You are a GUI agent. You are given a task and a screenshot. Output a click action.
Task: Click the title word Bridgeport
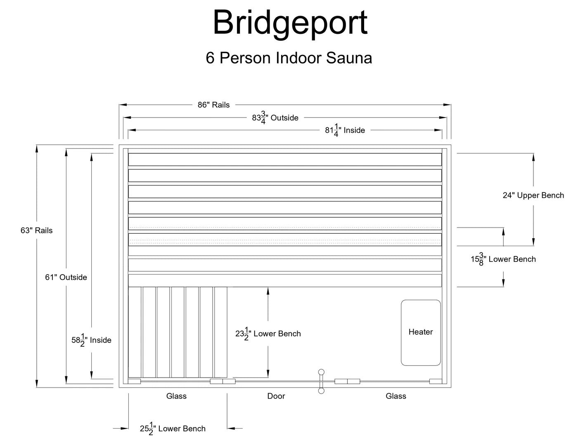tap(290, 23)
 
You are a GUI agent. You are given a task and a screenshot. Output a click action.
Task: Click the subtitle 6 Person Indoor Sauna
tap(289, 58)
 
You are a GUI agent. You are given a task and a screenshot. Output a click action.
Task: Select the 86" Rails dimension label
tap(213, 105)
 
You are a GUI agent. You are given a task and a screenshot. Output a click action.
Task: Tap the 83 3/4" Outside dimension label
tap(275, 118)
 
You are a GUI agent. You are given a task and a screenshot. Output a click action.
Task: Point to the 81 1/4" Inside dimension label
tap(345, 130)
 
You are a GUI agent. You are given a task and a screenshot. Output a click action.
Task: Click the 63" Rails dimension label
tap(37, 230)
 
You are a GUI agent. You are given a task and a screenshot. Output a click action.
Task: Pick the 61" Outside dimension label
tap(66, 277)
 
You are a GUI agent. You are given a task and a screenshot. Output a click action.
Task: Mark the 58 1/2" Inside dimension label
tap(91, 340)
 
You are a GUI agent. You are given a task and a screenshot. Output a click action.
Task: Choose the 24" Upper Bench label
tap(533, 195)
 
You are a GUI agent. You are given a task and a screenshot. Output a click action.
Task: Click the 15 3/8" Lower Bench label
tap(503, 259)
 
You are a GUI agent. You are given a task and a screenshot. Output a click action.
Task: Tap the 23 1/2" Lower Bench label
tap(268, 334)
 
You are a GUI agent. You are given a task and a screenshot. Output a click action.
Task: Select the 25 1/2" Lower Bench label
tap(173, 429)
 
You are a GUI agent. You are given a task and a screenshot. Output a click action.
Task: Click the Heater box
tap(421, 332)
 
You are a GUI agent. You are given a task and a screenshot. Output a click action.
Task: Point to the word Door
tap(276, 396)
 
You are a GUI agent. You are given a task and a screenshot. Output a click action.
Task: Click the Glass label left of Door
tap(176, 396)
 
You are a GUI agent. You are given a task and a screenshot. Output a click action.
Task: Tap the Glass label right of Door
tap(396, 396)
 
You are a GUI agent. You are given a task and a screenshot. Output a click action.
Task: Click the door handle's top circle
tap(321, 372)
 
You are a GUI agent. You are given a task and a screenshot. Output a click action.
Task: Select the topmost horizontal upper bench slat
tap(285, 160)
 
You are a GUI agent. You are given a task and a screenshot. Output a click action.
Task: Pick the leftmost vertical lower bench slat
tap(135, 332)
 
